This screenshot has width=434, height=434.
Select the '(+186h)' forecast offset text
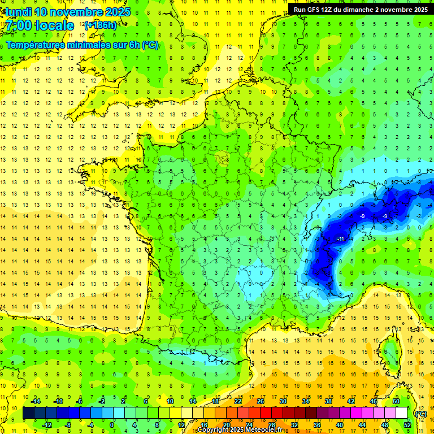[x=100, y=25]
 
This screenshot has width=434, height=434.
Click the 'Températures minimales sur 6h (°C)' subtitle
[x=82, y=45]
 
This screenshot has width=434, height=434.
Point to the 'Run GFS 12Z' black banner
[x=360, y=9]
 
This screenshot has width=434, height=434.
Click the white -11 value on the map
[x=340, y=239]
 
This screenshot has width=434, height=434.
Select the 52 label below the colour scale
[x=407, y=425]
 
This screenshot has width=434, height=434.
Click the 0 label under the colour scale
[x=112, y=425]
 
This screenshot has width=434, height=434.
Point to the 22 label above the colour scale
[x=238, y=401]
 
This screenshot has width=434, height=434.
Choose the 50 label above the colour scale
[x=396, y=401]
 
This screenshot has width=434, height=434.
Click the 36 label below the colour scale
[x=316, y=425]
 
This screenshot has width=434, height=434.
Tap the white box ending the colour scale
[x=402, y=413]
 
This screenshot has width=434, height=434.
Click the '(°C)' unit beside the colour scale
[x=420, y=413]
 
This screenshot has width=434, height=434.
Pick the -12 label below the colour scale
[x=47, y=425]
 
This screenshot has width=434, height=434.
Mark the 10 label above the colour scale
[x=170, y=401]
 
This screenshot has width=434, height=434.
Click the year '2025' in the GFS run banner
[x=419, y=9]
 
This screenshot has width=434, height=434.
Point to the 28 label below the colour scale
[x=271, y=425]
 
